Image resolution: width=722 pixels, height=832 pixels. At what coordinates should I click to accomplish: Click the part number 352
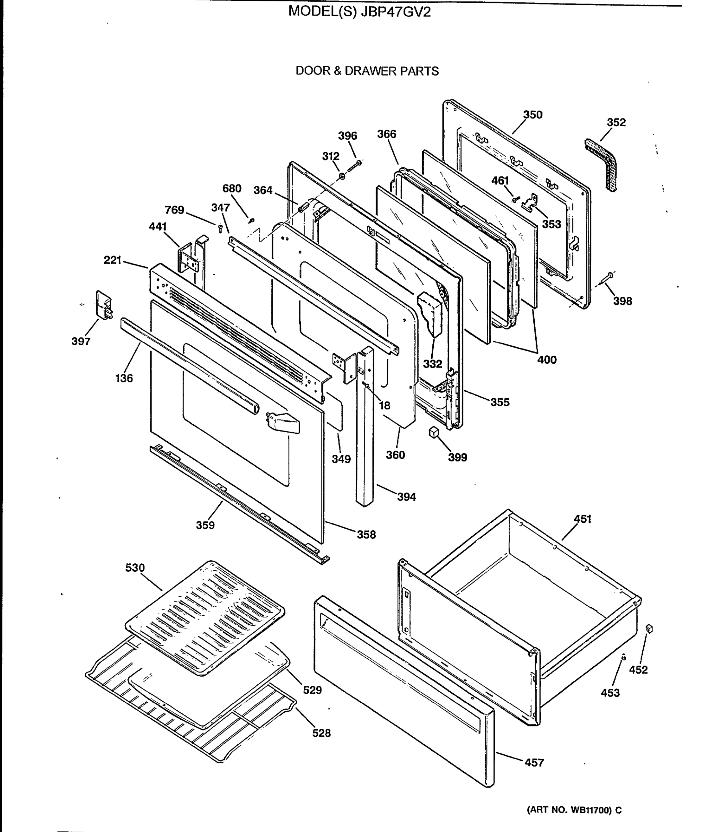point(616,122)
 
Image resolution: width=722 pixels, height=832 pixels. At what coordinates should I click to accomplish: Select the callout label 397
point(81,341)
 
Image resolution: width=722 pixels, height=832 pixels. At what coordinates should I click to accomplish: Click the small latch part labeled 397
point(104,305)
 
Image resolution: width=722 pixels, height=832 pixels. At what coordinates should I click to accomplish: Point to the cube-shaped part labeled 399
point(434,432)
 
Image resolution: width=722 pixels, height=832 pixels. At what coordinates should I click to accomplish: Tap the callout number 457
point(534,762)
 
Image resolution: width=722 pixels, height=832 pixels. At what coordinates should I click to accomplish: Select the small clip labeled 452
point(649,629)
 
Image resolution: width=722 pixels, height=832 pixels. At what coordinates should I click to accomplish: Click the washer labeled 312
point(342,176)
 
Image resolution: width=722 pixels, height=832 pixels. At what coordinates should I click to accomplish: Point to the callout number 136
point(124,378)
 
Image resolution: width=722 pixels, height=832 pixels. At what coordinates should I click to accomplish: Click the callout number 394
point(406,497)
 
